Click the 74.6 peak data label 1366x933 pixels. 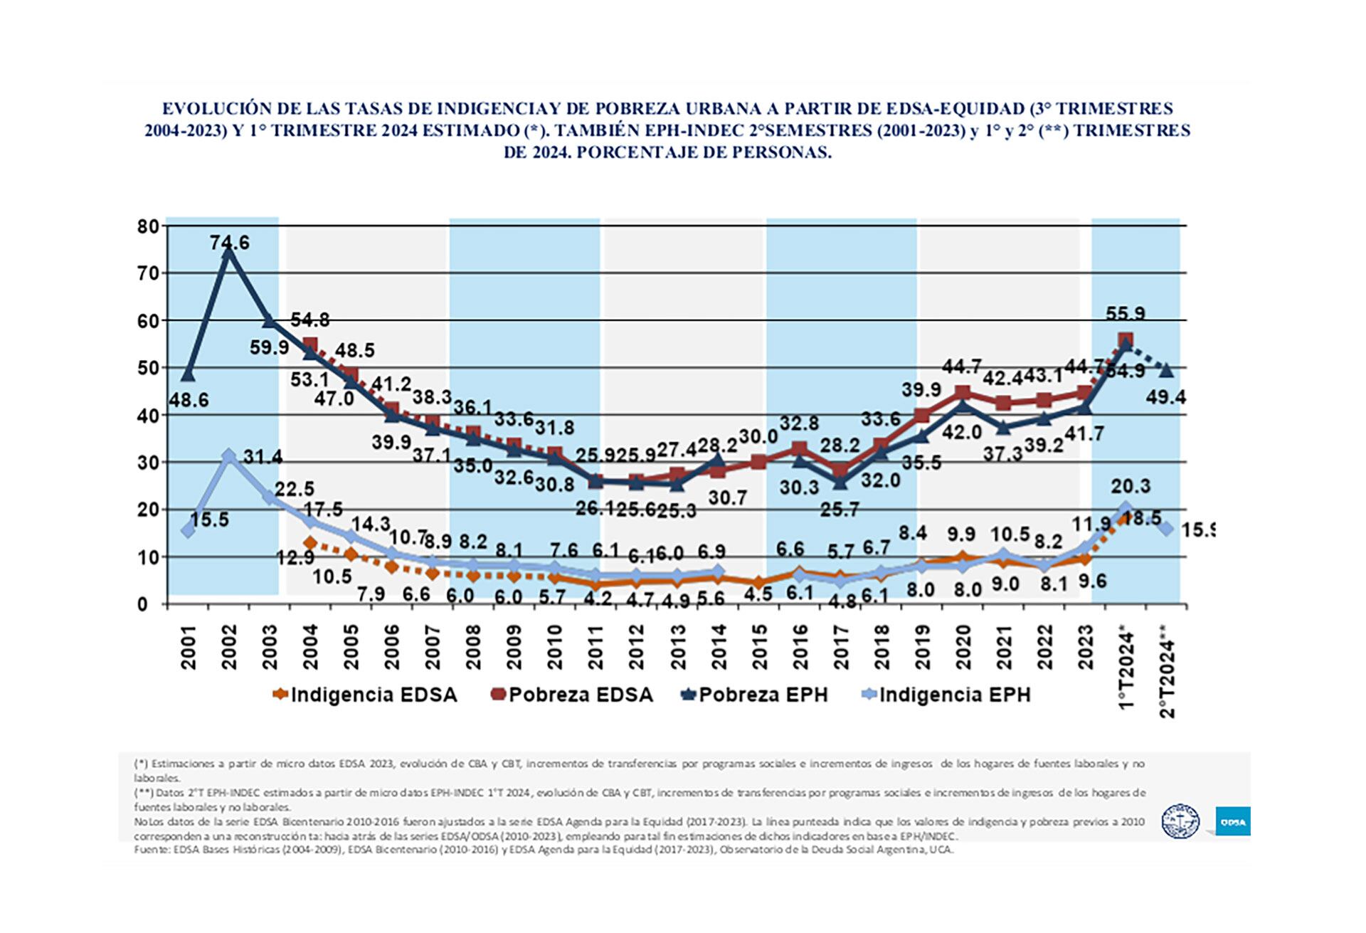pyautogui.click(x=229, y=243)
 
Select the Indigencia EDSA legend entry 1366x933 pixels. pyautogui.click(x=365, y=695)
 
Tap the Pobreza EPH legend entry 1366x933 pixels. pyautogui.click(x=755, y=695)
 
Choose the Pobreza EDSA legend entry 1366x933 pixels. pyautogui.click(x=572, y=695)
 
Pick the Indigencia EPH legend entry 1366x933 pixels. pyautogui.click(x=946, y=695)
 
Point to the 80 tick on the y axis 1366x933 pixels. pyautogui.click(x=148, y=227)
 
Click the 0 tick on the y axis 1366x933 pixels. pyautogui.click(x=142, y=605)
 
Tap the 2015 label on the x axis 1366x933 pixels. pyautogui.click(x=760, y=647)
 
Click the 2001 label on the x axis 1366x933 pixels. pyautogui.click(x=189, y=647)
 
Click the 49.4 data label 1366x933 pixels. pyautogui.click(x=1165, y=397)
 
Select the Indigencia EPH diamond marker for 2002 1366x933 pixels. pyautogui.click(x=228, y=456)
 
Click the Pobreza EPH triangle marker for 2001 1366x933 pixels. pyautogui.click(x=188, y=374)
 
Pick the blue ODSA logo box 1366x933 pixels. pyautogui.click(x=1232, y=821)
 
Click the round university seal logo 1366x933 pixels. pyautogui.click(x=1180, y=821)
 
